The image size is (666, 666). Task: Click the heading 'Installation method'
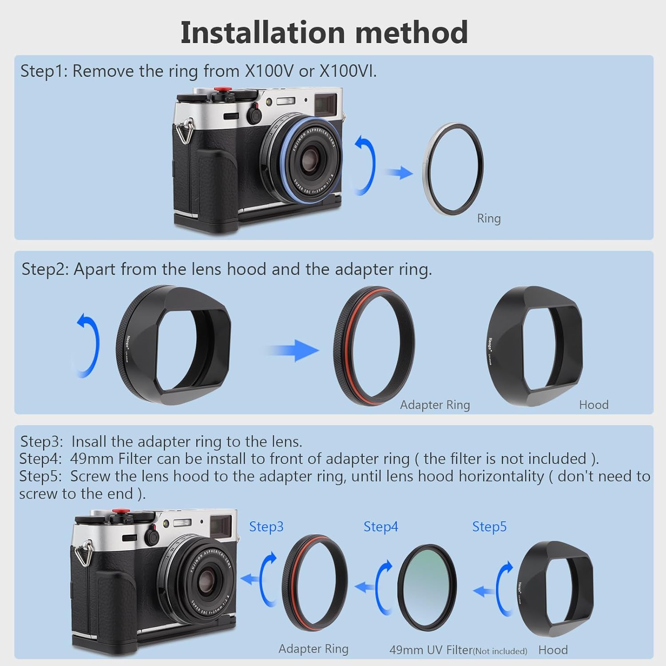(x=324, y=33)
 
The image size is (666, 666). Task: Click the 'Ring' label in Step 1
(x=488, y=218)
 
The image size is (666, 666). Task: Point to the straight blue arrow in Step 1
(x=399, y=172)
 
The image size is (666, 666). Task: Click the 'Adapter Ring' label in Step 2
(x=435, y=405)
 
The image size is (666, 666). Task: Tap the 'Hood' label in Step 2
(x=593, y=405)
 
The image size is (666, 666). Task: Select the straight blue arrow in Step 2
(x=293, y=350)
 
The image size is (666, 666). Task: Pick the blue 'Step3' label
(x=266, y=527)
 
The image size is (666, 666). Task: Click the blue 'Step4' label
(x=381, y=527)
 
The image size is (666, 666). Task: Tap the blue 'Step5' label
(x=489, y=527)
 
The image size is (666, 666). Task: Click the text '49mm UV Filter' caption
(x=430, y=650)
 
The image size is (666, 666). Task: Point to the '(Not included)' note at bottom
(x=500, y=651)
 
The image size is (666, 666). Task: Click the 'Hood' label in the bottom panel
(x=553, y=650)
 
